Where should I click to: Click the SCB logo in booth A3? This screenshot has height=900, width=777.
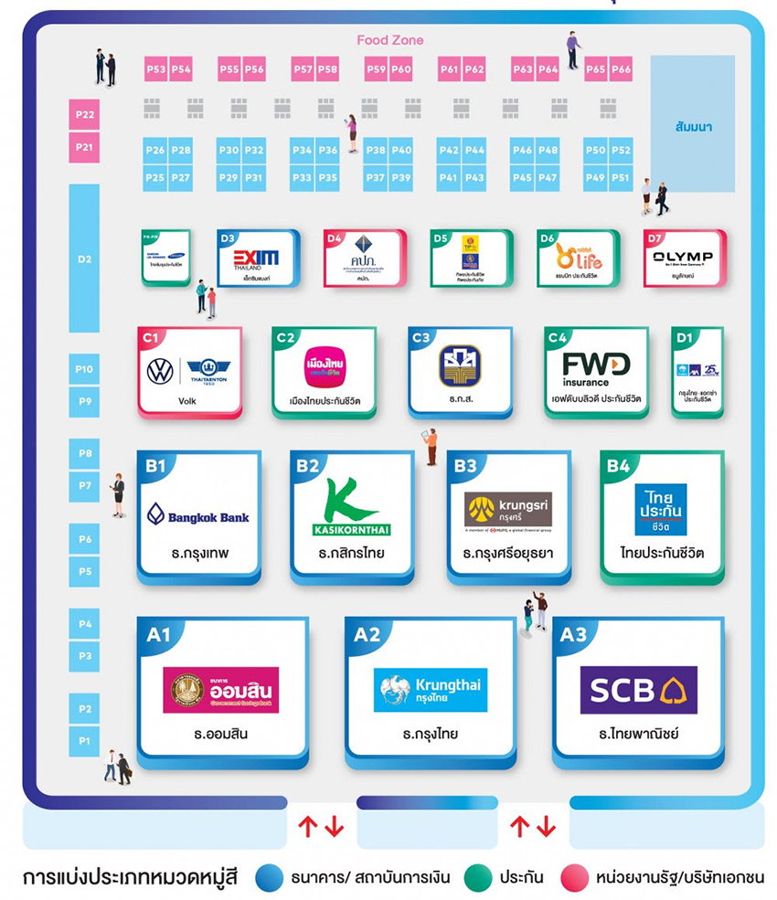point(638,690)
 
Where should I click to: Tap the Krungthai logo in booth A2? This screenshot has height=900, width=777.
point(430,690)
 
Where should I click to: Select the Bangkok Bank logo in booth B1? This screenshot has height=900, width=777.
point(197,516)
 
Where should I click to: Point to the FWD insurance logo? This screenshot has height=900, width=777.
point(596,368)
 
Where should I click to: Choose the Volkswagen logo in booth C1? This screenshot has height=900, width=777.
point(160,371)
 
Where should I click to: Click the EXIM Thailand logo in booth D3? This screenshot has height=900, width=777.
point(256,258)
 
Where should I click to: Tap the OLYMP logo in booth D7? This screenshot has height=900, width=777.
point(683,258)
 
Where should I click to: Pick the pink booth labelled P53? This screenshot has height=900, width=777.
point(156,69)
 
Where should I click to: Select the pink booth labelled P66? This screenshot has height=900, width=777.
point(621,69)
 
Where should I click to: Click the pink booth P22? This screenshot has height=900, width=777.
point(84,115)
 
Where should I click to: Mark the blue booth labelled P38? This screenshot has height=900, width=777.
point(376,151)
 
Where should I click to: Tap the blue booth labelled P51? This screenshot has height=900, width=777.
point(621,177)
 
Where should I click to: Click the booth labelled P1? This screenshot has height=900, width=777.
point(84,740)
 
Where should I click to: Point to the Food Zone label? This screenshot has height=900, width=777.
point(390,40)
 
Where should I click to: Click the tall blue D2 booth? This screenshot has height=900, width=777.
point(84,259)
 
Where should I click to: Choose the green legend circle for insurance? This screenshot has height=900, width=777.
point(477,877)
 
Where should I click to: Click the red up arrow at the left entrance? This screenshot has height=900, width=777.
point(307,827)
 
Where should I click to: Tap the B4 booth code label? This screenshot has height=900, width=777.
point(618,466)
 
